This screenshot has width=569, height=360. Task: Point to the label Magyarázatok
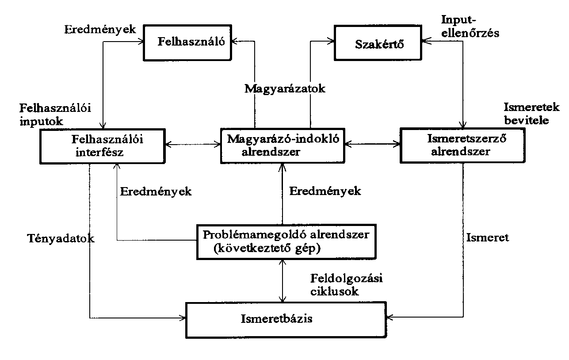(285, 89)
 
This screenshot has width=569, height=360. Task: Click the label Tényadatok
(61, 238)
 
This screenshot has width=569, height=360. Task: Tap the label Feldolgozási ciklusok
(347, 285)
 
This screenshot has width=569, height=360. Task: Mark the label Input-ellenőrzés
(470, 27)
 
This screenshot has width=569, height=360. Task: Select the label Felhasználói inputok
(55, 115)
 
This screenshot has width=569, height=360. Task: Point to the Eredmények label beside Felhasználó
(100, 30)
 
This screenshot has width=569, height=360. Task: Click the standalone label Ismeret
(488, 238)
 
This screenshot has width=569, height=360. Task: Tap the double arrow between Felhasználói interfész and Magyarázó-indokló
(193, 145)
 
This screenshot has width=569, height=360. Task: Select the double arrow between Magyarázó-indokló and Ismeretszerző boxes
(372, 144)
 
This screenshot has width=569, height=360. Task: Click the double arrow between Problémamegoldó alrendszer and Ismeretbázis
(283, 281)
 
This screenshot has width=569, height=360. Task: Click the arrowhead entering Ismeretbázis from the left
(183, 318)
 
